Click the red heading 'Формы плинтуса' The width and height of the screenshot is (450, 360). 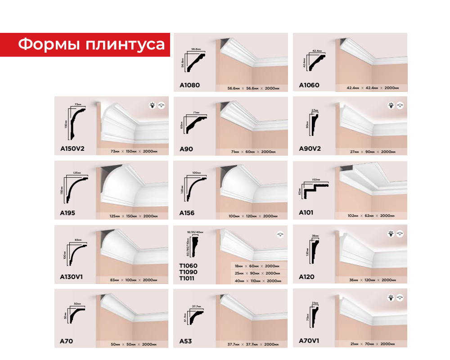tap(91, 45)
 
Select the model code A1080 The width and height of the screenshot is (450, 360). tap(189, 85)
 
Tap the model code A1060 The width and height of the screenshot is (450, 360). tap(309, 85)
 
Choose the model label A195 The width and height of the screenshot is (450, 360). tap(67, 213)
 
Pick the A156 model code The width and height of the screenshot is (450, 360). tap(187, 213)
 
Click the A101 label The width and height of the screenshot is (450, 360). tap(306, 213)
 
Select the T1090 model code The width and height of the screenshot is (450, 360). tap(188, 272)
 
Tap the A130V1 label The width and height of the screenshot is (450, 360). tap(72, 277)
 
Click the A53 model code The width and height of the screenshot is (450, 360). tap(185, 341)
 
